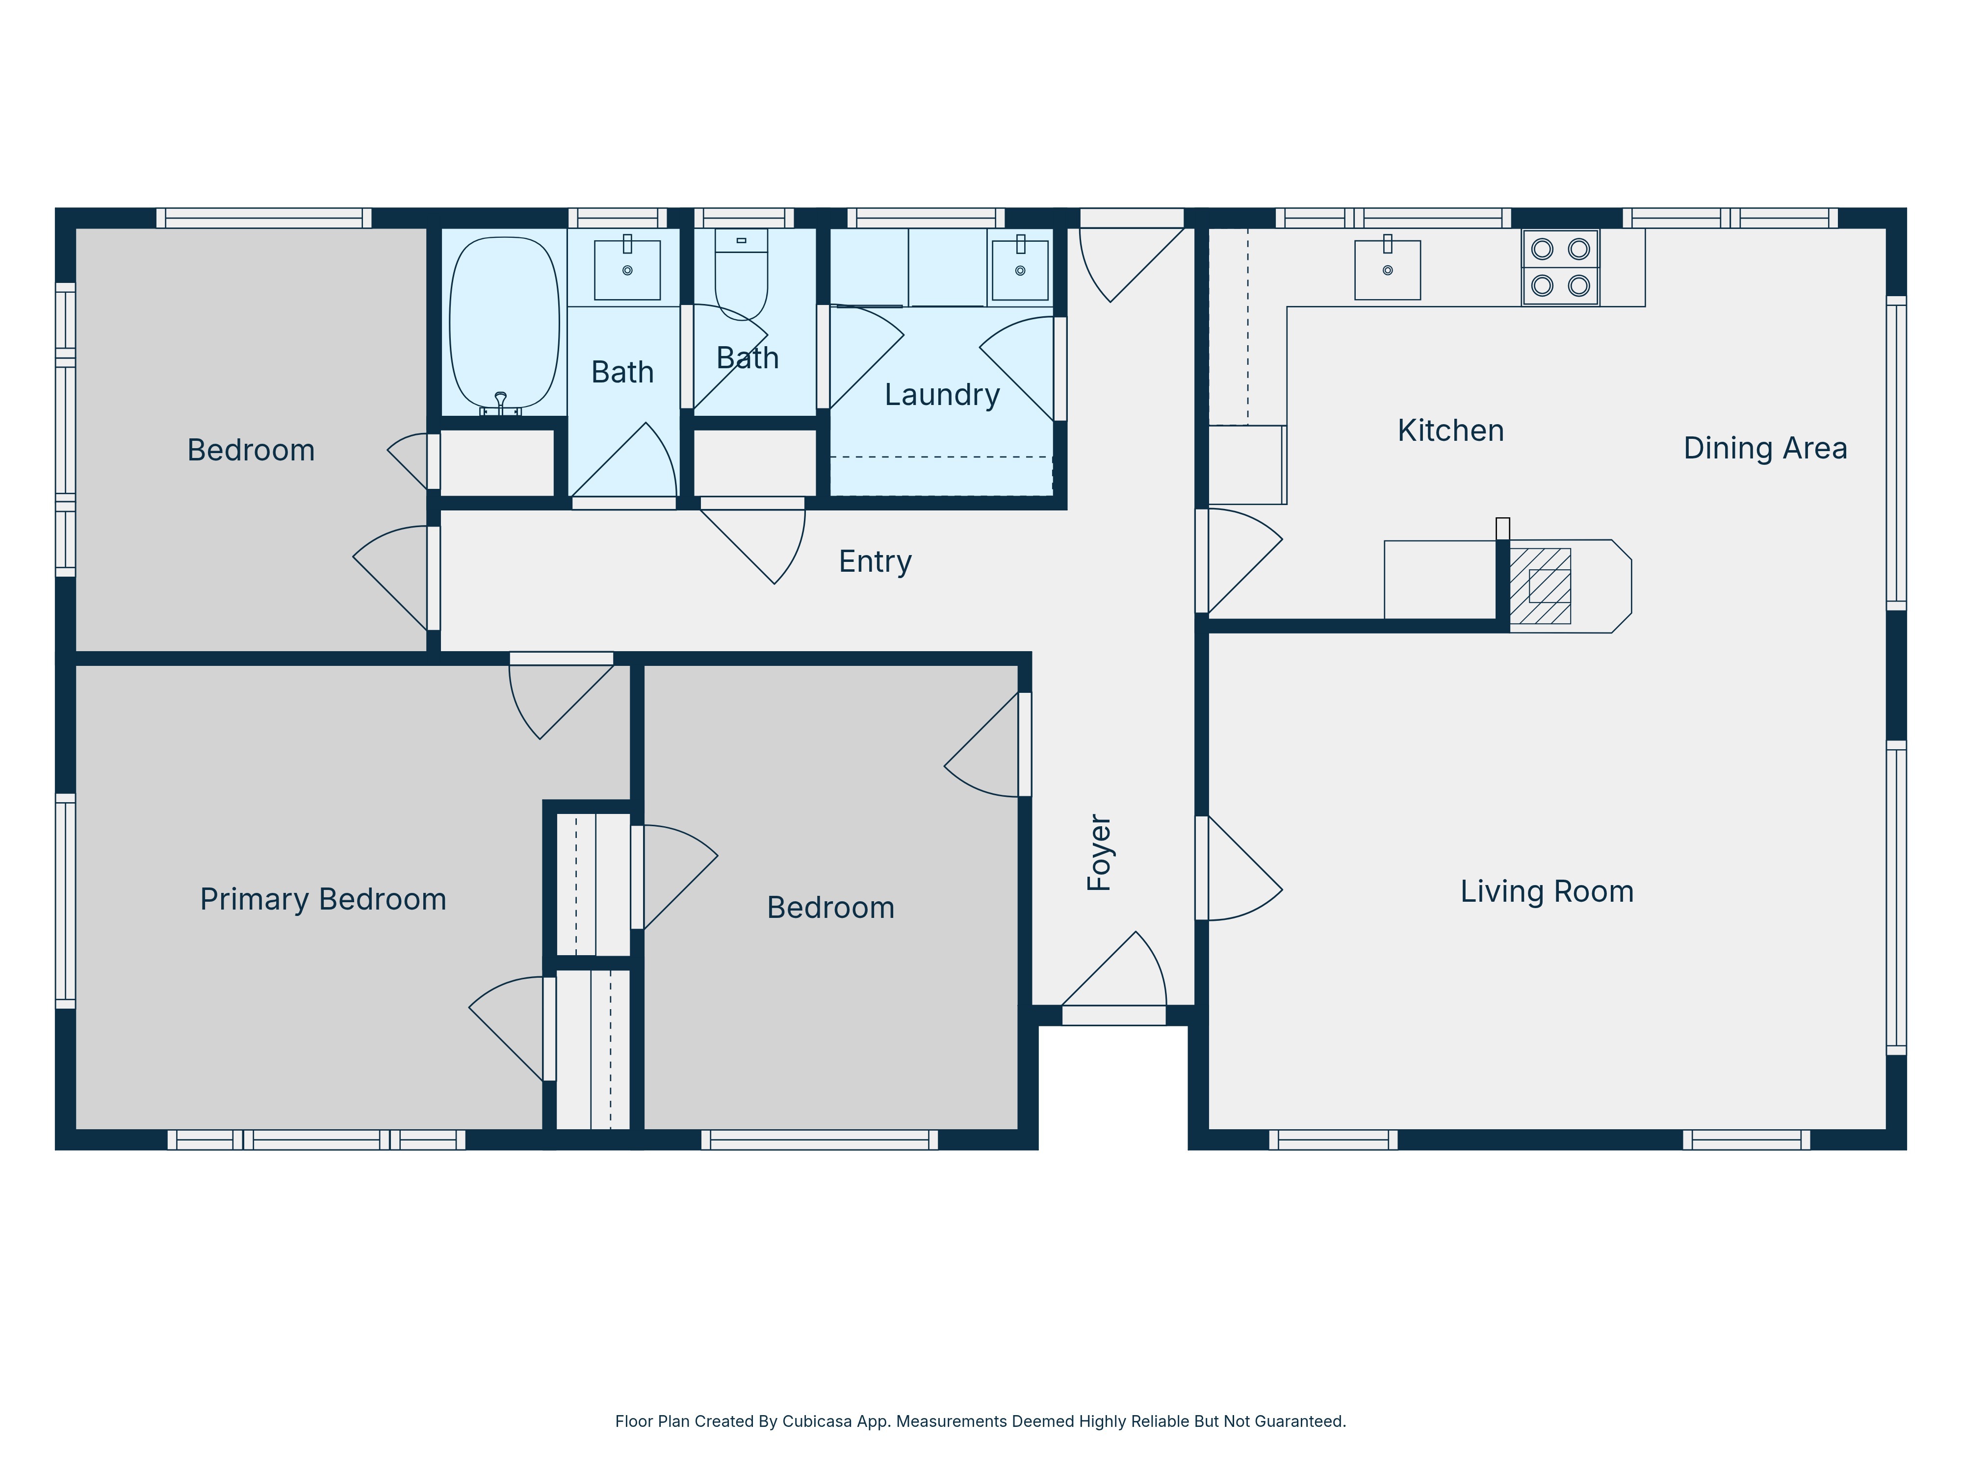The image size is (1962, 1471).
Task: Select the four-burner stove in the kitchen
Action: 1560,267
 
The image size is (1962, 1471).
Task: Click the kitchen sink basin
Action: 1387,270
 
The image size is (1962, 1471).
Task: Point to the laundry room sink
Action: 1020,270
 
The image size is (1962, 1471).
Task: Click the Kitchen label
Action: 1450,431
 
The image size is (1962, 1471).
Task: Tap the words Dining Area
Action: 1765,449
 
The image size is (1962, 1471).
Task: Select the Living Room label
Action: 1547,891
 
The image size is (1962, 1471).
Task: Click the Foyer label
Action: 1099,852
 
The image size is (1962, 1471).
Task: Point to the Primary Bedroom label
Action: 323,899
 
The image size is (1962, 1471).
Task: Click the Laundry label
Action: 942,395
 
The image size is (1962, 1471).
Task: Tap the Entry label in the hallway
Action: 876,561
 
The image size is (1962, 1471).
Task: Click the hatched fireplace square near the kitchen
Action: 1540,586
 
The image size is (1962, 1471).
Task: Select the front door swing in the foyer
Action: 1114,969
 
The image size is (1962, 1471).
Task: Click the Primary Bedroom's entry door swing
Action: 561,701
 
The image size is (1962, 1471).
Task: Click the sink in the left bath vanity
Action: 627,270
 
